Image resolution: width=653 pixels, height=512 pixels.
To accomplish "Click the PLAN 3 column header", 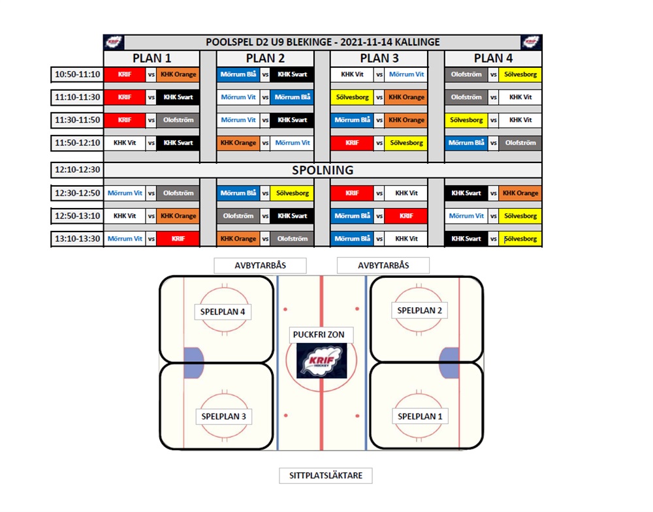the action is pyautogui.click(x=379, y=58).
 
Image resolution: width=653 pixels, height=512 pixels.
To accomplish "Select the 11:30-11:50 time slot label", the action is pyautogui.click(x=78, y=120).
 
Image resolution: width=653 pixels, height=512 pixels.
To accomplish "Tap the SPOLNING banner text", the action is pyautogui.click(x=323, y=170).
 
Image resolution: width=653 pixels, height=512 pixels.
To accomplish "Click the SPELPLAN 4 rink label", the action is pyautogui.click(x=223, y=312).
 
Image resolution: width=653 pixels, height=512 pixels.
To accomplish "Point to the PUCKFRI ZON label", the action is pyautogui.click(x=319, y=335).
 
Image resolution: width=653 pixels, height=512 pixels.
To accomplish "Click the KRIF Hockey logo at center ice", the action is pyautogui.click(x=321, y=361).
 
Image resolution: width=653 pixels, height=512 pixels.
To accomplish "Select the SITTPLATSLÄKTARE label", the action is pyautogui.click(x=326, y=475).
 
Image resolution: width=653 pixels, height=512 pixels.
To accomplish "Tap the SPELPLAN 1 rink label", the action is pyautogui.click(x=420, y=416).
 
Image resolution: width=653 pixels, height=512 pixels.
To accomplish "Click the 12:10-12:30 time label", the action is pyautogui.click(x=78, y=170).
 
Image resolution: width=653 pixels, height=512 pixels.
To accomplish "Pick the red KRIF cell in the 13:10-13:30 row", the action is pyautogui.click(x=178, y=239).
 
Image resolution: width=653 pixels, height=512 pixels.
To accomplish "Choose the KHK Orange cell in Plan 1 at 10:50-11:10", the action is pyautogui.click(x=178, y=74).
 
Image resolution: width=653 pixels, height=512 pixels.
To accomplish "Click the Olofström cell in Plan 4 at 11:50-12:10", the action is pyautogui.click(x=520, y=143).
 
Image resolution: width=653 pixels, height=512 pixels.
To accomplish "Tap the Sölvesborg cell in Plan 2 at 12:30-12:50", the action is pyautogui.click(x=293, y=193).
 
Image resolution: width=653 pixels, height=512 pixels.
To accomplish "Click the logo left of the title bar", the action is pyautogui.click(x=113, y=42).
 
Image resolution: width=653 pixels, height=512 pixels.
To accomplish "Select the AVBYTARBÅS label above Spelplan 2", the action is pyautogui.click(x=383, y=265).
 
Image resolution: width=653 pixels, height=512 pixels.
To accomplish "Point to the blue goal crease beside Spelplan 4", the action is pyautogui.click(x=193, y=363).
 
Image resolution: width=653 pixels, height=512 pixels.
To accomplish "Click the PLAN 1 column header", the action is pyautogui.click(x=151, y=58).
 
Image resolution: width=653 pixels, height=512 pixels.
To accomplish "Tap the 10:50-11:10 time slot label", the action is pyautogui.click(x=78, y=74).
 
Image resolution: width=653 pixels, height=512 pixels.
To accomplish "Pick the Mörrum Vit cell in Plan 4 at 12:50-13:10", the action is pyautogui.click(x=466, y=216).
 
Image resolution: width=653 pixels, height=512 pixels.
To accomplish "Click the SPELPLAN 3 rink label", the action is pyautogui.click(x=223, y=416).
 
